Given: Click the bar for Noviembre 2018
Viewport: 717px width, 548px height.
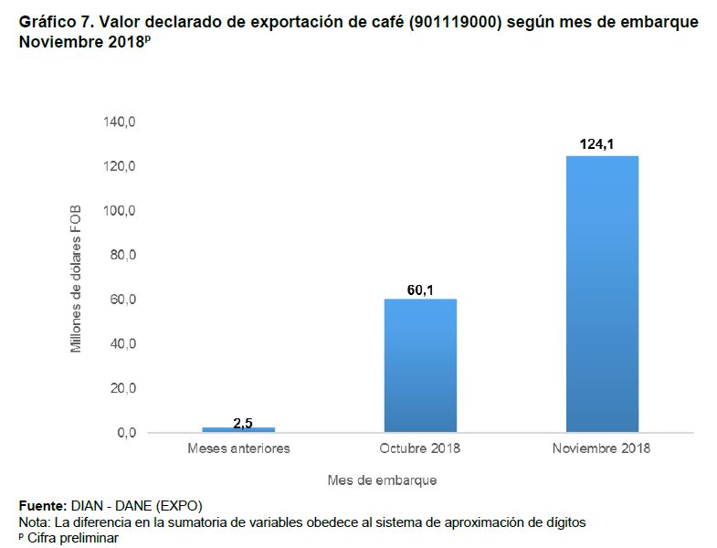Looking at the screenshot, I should point(602,294).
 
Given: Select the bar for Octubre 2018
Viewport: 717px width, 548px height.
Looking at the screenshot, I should point(420,365).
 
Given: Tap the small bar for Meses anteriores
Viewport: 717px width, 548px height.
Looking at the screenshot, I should point(238,429).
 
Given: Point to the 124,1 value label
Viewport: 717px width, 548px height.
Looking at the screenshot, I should point(602,144).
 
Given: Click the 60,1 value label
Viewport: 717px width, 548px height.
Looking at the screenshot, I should point(420,290).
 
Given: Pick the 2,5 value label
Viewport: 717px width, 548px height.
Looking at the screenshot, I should point(242,421).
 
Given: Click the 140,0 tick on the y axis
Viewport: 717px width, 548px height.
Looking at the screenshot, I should point(119,122).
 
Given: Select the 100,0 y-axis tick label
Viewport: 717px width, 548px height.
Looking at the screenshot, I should point(119,211).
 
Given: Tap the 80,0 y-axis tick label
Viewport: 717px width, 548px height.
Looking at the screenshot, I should point(121,256).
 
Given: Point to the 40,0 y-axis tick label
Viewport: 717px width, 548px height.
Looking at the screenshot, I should point(121,344).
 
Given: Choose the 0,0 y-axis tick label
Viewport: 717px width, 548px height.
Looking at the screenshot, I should point(125,433).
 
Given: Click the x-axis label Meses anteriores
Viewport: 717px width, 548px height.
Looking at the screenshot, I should point(238,448).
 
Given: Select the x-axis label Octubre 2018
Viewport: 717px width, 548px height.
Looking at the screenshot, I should point(420,448).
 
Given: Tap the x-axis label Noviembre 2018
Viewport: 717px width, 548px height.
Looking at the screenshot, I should point(601,448).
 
